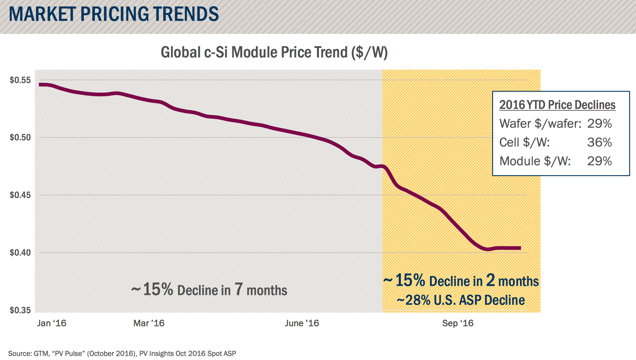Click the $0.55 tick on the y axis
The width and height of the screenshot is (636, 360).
(20, 80)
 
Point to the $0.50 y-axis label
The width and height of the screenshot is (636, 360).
(20, 137)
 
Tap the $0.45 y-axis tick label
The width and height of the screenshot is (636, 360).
(20, 195)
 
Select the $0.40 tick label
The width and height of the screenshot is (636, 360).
(20, 253)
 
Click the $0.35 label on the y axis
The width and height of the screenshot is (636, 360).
(20, 310)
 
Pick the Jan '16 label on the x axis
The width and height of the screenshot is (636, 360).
(51, 323)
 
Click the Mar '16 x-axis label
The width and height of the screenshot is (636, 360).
(149, 323)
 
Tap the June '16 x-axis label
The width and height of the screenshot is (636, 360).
(302, 323)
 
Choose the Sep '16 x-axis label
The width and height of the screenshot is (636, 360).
(458, 323)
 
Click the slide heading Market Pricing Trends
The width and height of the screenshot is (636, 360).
(114, 14)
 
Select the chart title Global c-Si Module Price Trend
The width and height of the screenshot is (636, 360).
(274, 52)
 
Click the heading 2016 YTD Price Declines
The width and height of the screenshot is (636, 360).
(557, 105)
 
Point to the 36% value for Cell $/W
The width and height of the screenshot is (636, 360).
(599, 142)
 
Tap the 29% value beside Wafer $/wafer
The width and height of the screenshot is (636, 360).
(599, 124)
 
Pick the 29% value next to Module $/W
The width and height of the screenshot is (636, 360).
(599, 161)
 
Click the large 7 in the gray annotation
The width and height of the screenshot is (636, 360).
(239, 289)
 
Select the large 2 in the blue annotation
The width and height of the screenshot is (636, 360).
(491, 280)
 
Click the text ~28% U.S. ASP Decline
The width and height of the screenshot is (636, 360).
(460, 300)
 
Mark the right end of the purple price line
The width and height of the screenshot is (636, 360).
(520, 248)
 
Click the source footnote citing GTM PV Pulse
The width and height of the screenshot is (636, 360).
(122, 354)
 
